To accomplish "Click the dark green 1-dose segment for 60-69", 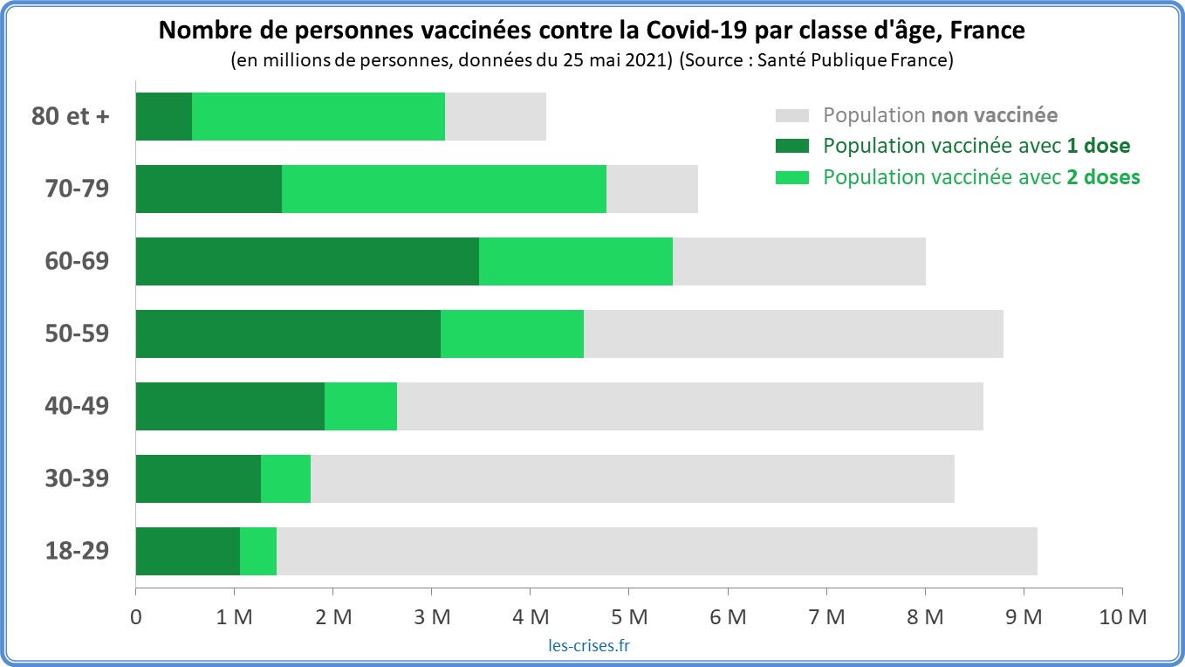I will pyautogui.click(x=307, y=261).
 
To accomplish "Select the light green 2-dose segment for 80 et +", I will pyautogui.click(x=318, y=116).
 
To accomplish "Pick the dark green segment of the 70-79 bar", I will pyautogui.click(x=209, y=189).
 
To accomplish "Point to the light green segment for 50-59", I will pyautogui.click(x=511, y=333).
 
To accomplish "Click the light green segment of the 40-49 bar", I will pyautogui.click(x=360, y=406).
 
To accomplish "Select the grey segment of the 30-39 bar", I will pyautogui.click(x=632, y=478).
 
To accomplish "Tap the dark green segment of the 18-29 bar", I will pyautogui.click(x=188, y=551).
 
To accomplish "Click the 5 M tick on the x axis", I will pyautogui.click(x=628, y=616).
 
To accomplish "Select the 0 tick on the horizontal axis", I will pyautogui.click(x=136, y=616).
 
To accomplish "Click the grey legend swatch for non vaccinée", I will pyautogui.click(x=792, y=115).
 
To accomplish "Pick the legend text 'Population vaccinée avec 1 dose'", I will pyautogui.click(x=976, y=146).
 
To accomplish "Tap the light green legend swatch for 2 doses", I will pyautogui.click(x=792, y=176).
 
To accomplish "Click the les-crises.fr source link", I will pyautogui.click(x=584, y=646).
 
